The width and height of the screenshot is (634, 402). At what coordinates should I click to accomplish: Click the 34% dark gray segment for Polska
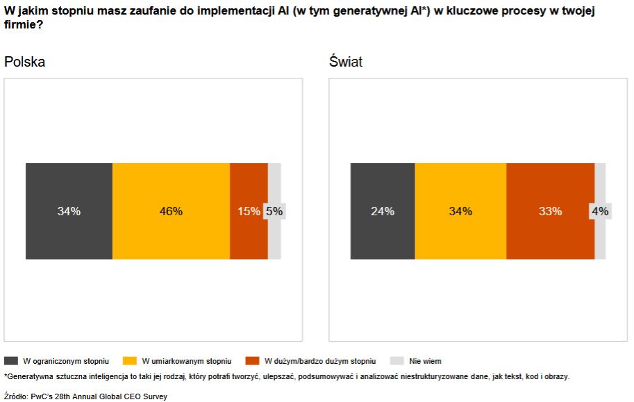click(x=69, y=211)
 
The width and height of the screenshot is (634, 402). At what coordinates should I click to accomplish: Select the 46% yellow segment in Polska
click(x=171, y=211)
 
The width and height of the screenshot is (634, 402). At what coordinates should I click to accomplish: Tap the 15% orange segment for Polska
click(x=248, y=211)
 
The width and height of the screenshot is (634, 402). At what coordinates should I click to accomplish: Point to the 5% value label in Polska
click(x=275, y=211)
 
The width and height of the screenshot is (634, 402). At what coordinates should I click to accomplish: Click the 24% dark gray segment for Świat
click(x=383, y=211)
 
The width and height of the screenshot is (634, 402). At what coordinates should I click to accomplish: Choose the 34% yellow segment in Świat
click(x=460, y=211)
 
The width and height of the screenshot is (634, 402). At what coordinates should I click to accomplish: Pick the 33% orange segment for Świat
click(x=550, y=211)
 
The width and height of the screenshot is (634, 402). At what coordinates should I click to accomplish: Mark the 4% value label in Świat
click(x=600, y=211)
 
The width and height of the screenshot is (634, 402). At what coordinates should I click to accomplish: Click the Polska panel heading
click(x=25, y=62)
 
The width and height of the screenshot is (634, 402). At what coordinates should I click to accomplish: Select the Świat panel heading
click(x=346, y=62)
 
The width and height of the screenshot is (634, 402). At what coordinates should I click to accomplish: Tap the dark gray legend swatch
click(x=11, y=361)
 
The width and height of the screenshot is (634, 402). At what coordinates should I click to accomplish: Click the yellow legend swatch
click(x=129, y=361)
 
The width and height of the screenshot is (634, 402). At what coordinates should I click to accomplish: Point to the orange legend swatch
click(x=252, y=361)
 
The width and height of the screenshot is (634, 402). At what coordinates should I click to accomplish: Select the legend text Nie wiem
click(x=425, y=361)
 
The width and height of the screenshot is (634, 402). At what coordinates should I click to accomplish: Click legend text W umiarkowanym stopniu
click(x=186, y=361)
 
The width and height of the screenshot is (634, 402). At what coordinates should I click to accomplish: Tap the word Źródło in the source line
click(x=15, y=396)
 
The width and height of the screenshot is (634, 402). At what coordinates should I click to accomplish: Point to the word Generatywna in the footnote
click(x=30, y=376)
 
